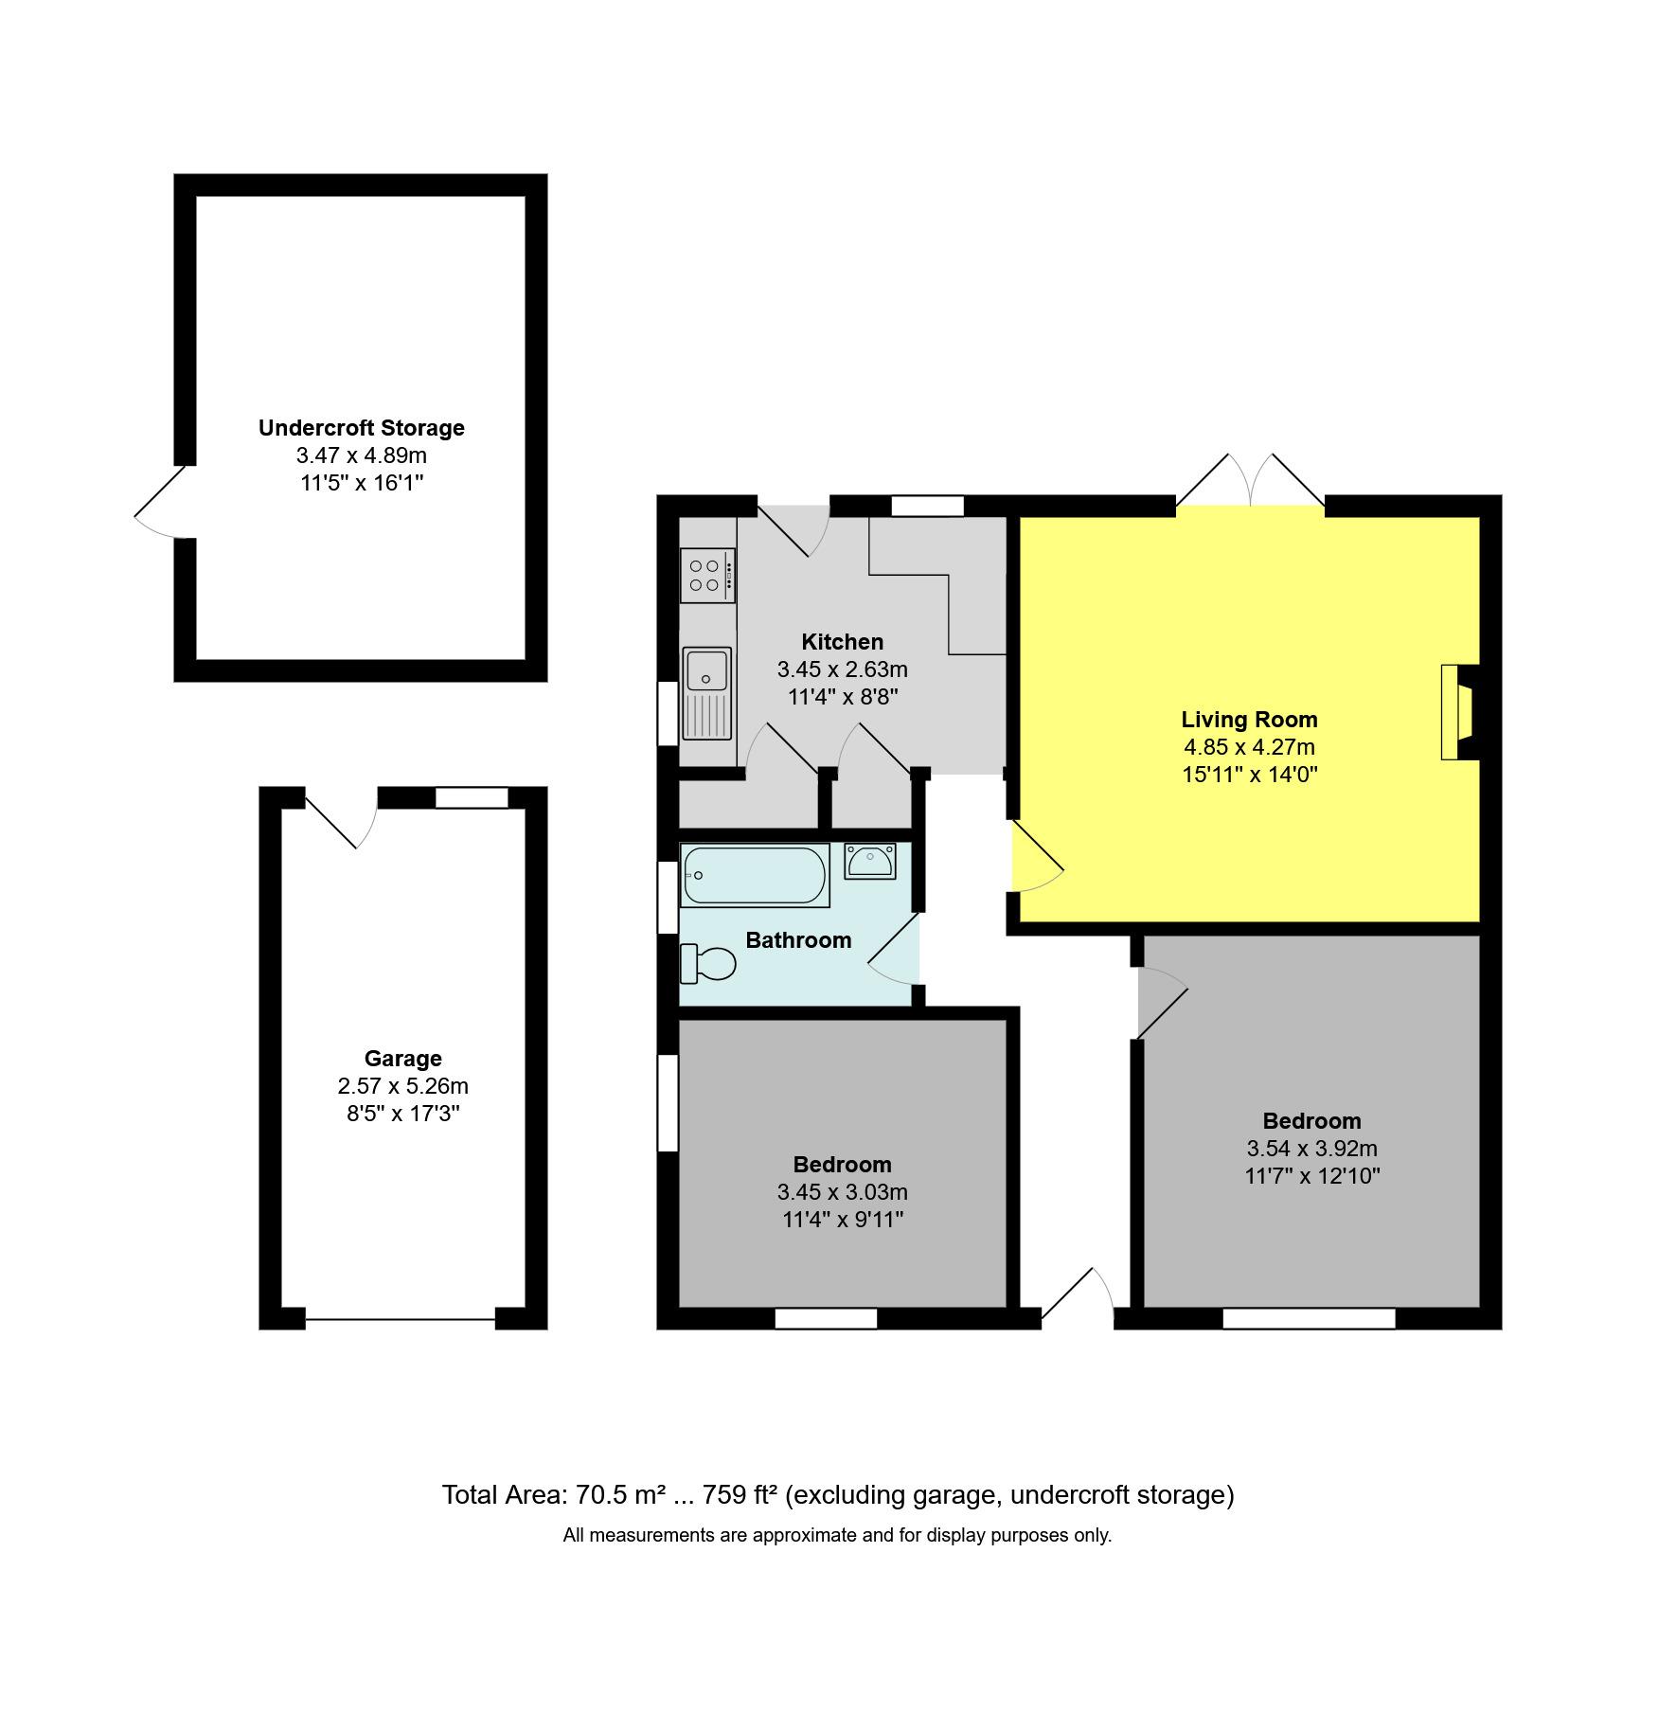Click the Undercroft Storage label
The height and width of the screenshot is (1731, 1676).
click(x=362, y=428)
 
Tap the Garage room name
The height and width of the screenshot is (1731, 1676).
click(x=403, y=1059)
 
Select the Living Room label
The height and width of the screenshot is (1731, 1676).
click(x=1249, y=720)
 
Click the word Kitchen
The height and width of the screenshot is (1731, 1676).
click(x=842, y=642)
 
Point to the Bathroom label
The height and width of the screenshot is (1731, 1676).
click(x=798, y=940)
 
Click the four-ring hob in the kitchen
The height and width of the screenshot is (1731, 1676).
click(x=707, y=575)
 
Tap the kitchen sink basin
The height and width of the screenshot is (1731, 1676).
click(x=706, y=669)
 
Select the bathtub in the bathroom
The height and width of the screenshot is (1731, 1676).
click(x=755, y=875)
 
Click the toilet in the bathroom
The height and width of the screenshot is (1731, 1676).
click(x=708, y=964)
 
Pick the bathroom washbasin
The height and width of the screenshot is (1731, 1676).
click(x=870, y=861)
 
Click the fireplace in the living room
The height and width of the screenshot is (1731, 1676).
click(x=1457, y=712)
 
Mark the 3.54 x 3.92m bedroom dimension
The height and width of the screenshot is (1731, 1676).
click(x=1311, y=1149)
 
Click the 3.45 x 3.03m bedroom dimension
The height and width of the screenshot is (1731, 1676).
click(x=843, y=1192)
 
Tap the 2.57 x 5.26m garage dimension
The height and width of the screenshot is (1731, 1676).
click(x=403, y=1086)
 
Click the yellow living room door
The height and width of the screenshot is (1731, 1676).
click(x=1038, y=857)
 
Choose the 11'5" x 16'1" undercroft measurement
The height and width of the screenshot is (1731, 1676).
click(x=362, y=483)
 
